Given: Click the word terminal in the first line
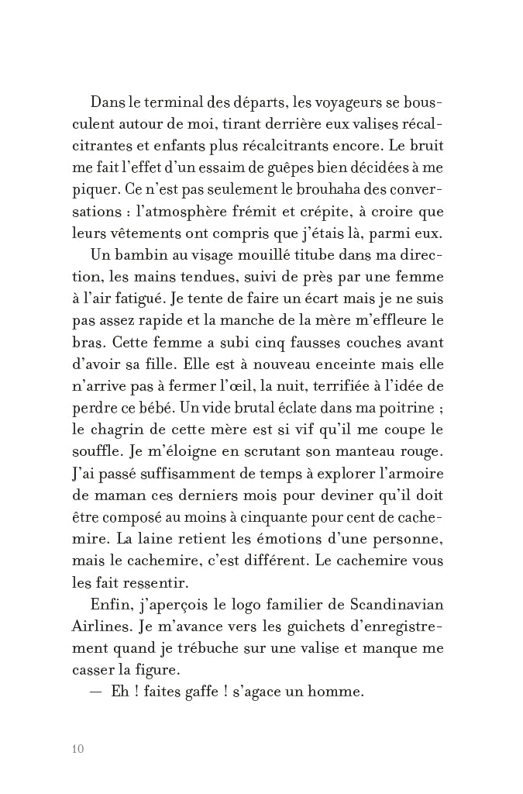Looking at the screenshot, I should [177, 103].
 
